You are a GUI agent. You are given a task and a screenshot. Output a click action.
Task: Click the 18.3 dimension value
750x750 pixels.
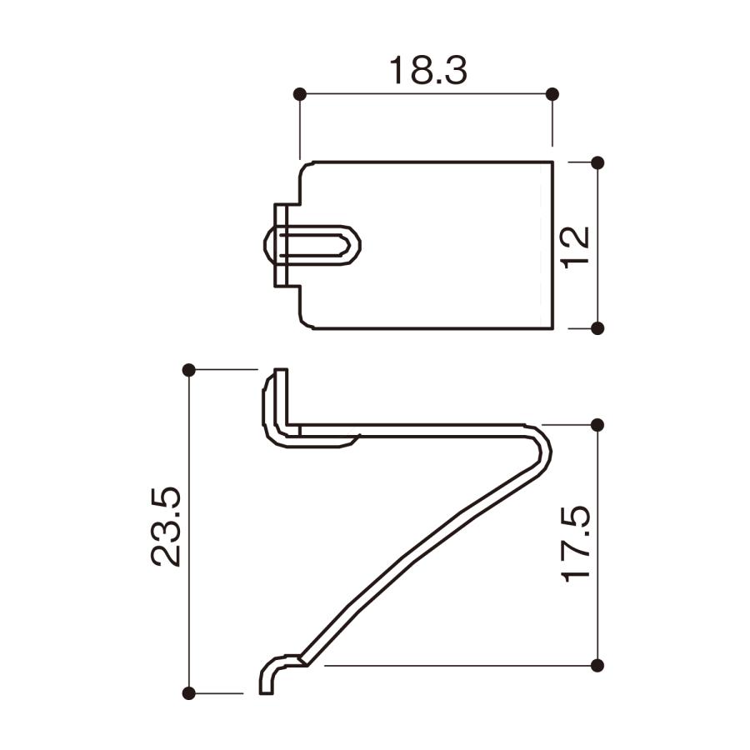click(x=427, y=72)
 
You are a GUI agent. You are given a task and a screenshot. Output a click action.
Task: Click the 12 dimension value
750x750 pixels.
click(x=575, y=246)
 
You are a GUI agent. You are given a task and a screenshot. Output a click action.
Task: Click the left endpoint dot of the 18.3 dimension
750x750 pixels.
click(x=300, y=94)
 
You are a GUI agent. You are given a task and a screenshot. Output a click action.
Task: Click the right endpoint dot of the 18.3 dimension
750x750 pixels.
click(x=552, y=94)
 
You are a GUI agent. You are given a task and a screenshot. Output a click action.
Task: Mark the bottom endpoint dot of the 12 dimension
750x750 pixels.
click(x=597, y=328)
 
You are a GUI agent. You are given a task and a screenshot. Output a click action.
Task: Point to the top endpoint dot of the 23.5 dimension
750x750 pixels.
click(x=188, y=369)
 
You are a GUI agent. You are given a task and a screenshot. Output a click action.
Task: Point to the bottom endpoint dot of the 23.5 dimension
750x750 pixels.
click(x=188, y=692)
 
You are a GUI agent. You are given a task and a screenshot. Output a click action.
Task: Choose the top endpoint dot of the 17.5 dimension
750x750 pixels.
click(x=597, y=425)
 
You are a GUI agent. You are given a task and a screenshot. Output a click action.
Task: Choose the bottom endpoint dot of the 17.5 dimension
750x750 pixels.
click(x=597, y=665)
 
